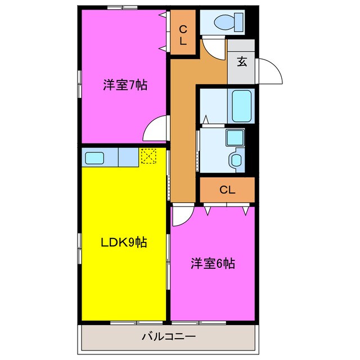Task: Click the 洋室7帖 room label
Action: (x=125, y=85)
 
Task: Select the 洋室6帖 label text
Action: (x=212, y=263)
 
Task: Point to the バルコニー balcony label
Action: (x=168, y=337)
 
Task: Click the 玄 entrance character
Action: (x=241, y=62)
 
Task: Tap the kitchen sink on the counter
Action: (x=93, y=157)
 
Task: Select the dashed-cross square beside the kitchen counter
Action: (x=148, y=156)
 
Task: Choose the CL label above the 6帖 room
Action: (x=227, y=190)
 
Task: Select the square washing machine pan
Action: (x=233, y=137)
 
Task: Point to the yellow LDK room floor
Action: (x=124, y=281)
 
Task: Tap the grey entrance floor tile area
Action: (x=241, y=70)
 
